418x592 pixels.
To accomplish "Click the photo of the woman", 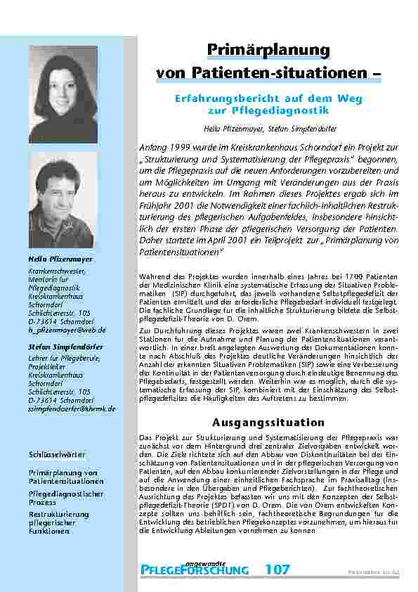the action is click(x=63, y=95).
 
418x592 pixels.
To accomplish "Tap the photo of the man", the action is click(x=63, y=200).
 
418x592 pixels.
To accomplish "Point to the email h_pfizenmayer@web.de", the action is click(x=67, y=329).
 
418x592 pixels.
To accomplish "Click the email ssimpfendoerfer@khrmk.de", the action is click(x=72, y=408).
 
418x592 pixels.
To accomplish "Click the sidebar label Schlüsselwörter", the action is click(x=53, y=455).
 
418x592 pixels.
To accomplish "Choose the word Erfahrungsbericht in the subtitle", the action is click(x=215, y=100).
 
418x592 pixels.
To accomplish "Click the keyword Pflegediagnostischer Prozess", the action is click(x=66, y=498).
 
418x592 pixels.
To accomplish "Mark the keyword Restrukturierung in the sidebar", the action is click(x=60, y=515).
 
